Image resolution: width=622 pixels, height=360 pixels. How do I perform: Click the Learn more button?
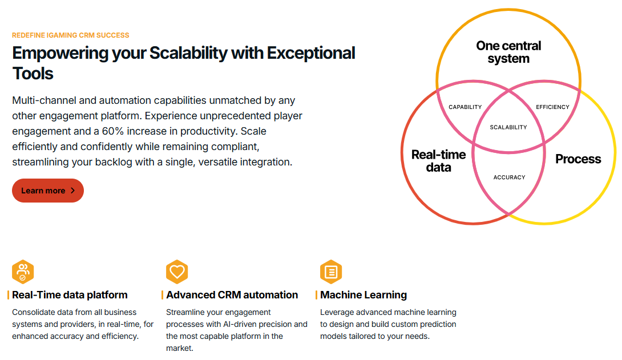pyautogui.click(x=48, y=191)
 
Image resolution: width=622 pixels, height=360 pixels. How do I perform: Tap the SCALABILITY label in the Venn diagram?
pyautogui.click(x=508, y=127)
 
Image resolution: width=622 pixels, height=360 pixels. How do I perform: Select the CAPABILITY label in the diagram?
pyautogui.click(x=465, y=107)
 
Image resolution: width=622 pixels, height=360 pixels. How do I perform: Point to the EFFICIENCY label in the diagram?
pyautogui.click(x=552, y=107)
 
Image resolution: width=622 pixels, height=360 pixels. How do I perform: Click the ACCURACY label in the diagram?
pyautogui.click(x=510, y=177)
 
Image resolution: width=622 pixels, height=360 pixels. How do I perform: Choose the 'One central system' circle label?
pyautogui.click(x=508, y=52)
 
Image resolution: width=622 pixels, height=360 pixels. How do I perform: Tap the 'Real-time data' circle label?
pyautogui.click(x=439, y=160)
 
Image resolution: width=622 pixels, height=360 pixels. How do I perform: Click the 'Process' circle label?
pyautogui.click(x=579, y=159)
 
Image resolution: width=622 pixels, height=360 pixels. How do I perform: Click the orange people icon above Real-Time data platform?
pyautogui.click(x=23, y=272)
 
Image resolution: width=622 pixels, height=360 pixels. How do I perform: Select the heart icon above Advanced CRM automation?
pyautogui.click(x=177, y=272)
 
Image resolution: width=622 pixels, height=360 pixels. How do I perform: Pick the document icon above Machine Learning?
pyautogui.click(x=331, y=272)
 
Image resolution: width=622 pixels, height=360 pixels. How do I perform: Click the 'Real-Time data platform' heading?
pyautogui.click(x=70, y=295)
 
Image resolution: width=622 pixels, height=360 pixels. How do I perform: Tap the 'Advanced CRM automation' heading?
pyautogui.click(x=232, y=295)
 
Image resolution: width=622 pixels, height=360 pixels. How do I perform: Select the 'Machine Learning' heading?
pyautogui.click(x=363, y=295)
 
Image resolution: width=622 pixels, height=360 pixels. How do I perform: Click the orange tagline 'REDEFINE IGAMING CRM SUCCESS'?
pyautogui.click(x=71, y=35)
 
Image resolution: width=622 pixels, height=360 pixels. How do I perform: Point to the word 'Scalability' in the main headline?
pyautogui.click(x=188, y=53)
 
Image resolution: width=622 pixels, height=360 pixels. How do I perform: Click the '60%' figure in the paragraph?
pyautogui.click(x=113, y=131)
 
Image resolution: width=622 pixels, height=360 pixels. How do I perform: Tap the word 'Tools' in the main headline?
pyautogui.click(x=33, y=74)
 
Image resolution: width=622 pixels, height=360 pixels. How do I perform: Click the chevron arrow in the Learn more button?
pyautogui.click(x=72, y=191)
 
